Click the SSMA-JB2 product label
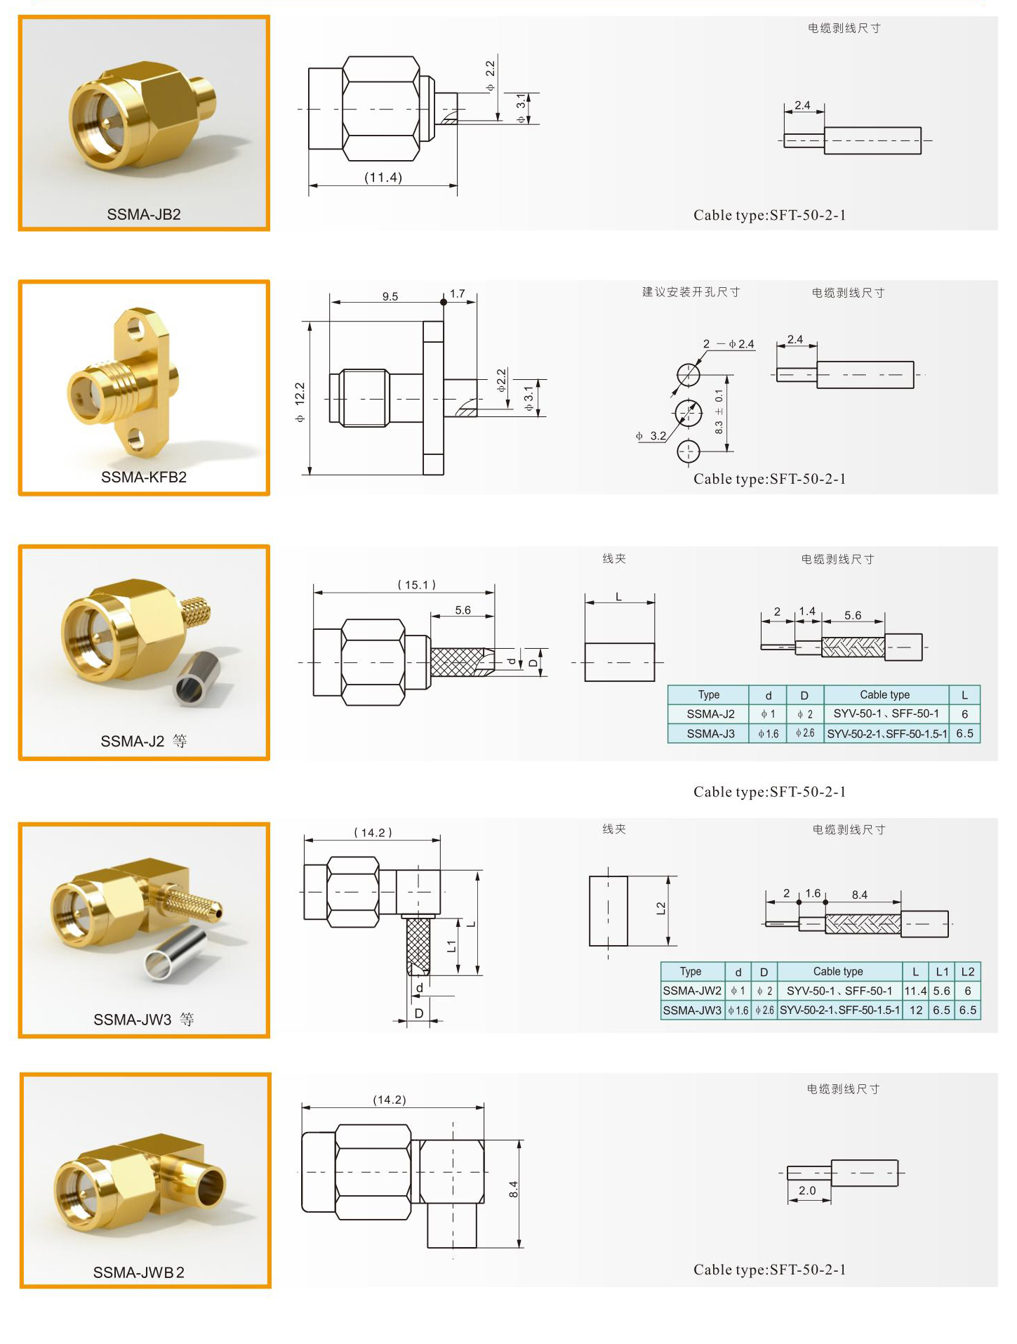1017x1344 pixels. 144,214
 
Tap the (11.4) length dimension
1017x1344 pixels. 383,178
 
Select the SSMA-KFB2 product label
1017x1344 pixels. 144,477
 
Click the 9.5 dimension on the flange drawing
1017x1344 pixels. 390,296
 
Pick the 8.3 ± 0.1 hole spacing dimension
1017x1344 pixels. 719,411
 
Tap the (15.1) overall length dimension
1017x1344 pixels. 417,585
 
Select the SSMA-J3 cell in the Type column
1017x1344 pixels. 710,734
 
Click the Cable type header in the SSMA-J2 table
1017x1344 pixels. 885,694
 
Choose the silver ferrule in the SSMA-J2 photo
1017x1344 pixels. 197,678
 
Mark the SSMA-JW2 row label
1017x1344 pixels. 692,991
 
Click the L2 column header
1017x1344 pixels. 968,972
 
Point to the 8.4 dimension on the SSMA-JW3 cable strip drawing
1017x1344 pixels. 860,895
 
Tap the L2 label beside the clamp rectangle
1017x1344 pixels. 660,909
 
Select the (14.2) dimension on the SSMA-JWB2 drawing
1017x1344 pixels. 390,1100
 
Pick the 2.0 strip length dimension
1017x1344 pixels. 807,1190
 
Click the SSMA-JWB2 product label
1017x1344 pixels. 139,1272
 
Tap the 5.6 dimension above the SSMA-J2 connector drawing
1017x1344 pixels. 463,610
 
